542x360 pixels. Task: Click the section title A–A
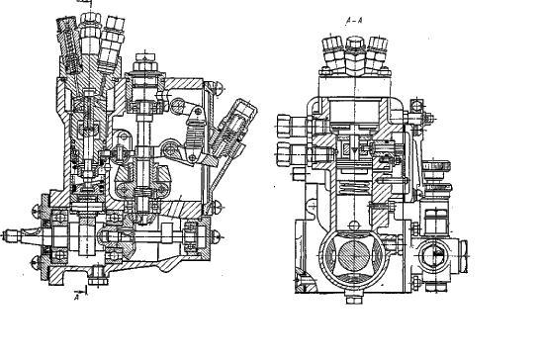(354, 21)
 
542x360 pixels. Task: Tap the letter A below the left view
(77, 297)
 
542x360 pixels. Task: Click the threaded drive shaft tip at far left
(10, 236)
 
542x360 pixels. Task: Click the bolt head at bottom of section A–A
(354, 297)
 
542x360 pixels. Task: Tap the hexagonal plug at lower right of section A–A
(433, 256)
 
